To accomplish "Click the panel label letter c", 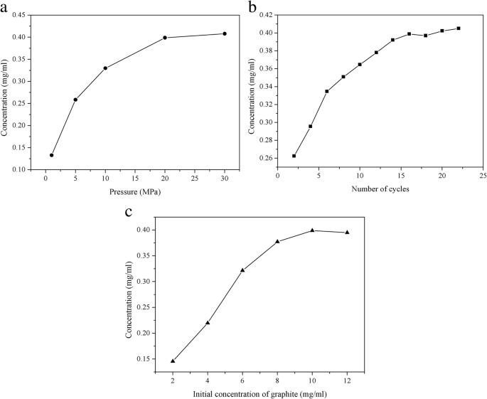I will pyautogui.click(x=128, y=212).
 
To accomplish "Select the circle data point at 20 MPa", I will pyautogui.click(x=165, y=38).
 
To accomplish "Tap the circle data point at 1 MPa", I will pyautogui.click(x=51, y=155).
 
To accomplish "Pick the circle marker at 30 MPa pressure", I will pyautogui.click(x=225, y=33).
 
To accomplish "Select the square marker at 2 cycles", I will pyautogui.click(x=294, y=156).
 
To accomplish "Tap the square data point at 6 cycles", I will pyautogui.click(x=327, y=91).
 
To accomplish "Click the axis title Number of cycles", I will pyautogui.click(x=380, y=189).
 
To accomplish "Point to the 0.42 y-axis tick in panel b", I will pyautogui.click(x=265, y=15).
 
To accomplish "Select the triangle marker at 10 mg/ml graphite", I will pyautogui.click(x=312, y=230).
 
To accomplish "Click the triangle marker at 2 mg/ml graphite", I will pyautogui.click(x=173, y=361).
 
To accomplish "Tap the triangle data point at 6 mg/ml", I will pyautogui.click(x=242, y=270).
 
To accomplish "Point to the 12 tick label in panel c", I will pyautogui.click(x=347, y=379).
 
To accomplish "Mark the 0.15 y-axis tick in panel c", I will pyautogui.click(x=143, y=358).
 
